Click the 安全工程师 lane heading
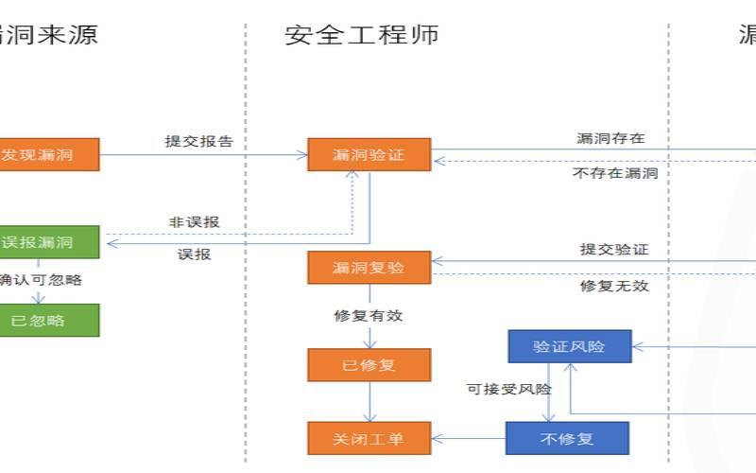click(361, 35)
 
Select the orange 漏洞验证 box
click(369, 154)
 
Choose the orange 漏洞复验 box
click(369, 268)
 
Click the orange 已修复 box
click(369, 365)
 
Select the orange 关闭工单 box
click(369, 438)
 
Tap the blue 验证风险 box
click(569, 346)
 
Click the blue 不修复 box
click(566, 438)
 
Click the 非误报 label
click(195, 221)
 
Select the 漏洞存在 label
click(611, 138)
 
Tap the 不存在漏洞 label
click(615, 173)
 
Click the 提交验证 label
click(614, 250)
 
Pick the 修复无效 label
click(614, 285)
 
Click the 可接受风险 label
click(509, 388)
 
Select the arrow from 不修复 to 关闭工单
click(468, 438)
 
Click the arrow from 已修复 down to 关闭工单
click(369, 402)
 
